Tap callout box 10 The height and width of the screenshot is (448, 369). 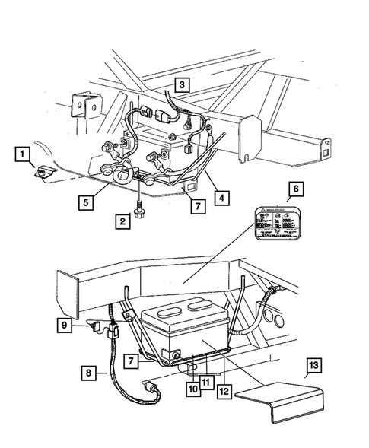pyautogui.click(x=195, y=386)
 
